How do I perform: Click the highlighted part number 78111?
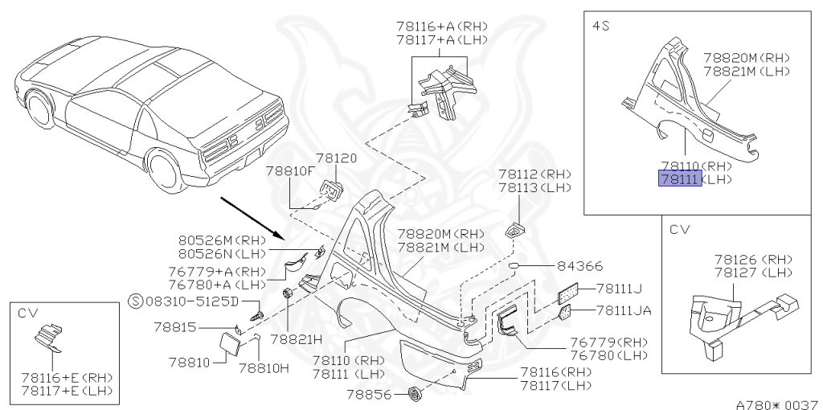[x=680, y=179]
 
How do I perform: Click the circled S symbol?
[x=136, y=302]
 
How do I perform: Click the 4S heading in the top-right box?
[x=600, y=27]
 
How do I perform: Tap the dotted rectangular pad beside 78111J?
[x=570, y=293]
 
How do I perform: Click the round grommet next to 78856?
[x=416, y=394]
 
